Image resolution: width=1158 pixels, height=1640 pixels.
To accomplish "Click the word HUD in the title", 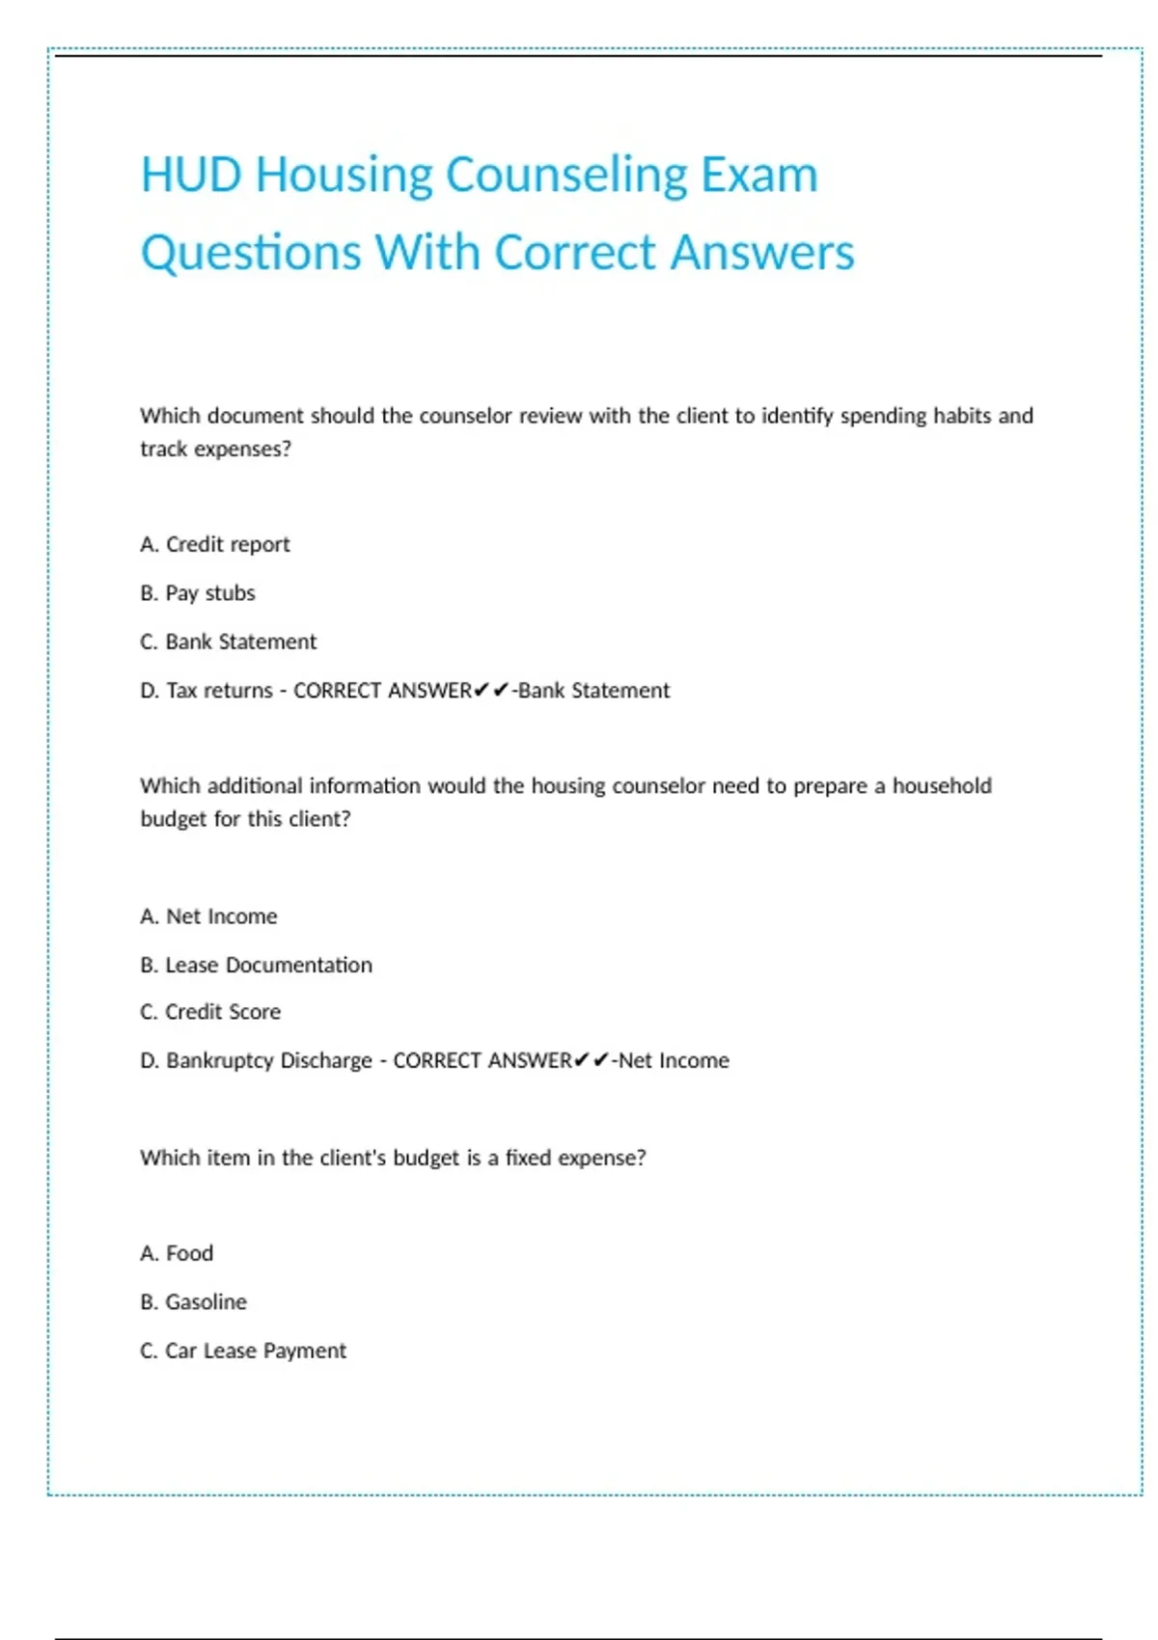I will [190, 175].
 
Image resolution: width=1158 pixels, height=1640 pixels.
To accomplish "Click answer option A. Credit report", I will [214, 544].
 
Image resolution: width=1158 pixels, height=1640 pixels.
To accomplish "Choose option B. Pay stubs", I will [198, 593].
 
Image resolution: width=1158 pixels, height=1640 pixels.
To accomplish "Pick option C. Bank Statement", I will [228, 642].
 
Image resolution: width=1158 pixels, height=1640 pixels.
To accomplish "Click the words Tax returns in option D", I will [219, 691].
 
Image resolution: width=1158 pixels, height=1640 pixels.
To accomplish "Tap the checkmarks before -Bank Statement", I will [491, 691].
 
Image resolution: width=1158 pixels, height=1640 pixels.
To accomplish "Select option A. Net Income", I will [208, 916].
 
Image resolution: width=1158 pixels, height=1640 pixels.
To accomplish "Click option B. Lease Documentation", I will [256, 965].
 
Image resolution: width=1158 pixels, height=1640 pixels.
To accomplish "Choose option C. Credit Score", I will [210, 1012].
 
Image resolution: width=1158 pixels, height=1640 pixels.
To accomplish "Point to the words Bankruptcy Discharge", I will [268, 1060].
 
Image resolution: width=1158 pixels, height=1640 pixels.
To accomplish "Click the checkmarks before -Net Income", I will [591, 1060].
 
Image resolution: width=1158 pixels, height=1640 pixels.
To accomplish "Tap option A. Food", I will [177, 1253].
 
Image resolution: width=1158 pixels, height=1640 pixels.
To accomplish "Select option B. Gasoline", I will [193, 1302].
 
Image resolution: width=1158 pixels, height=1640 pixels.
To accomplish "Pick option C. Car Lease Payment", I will [242, 1351].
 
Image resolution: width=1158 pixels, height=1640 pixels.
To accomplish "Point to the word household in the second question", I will [941, 786].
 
